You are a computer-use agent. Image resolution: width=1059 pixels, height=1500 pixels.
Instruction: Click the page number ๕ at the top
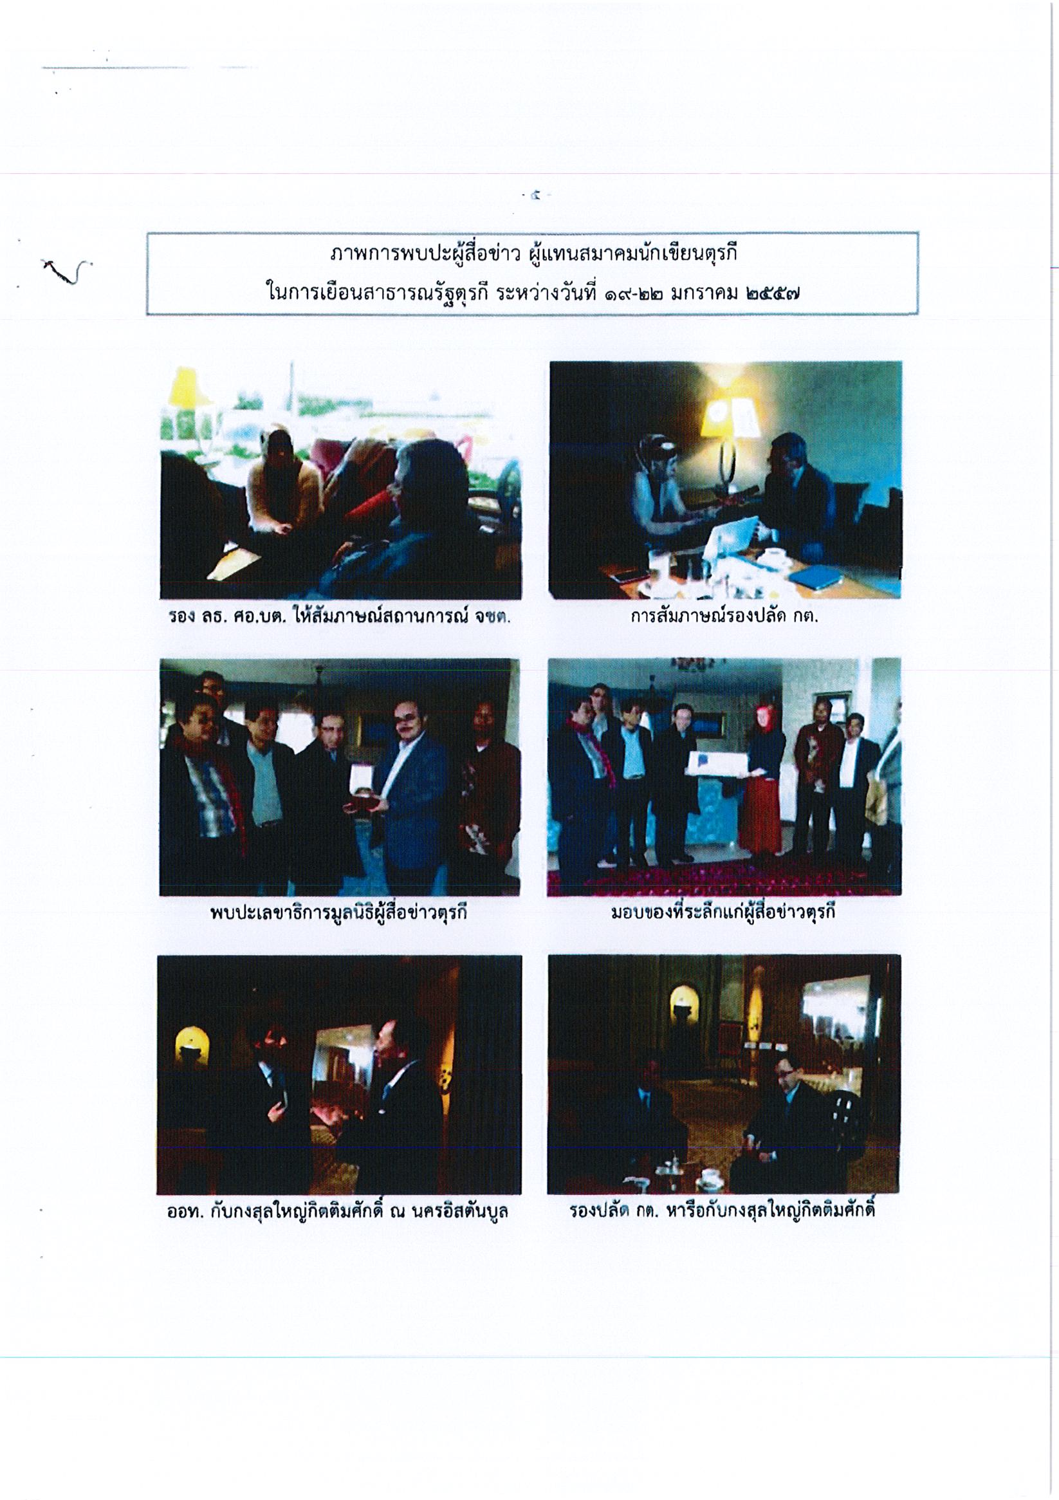[536, 195]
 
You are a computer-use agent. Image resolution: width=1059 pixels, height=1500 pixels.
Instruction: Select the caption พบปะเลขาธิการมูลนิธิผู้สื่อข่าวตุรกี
[338, 912]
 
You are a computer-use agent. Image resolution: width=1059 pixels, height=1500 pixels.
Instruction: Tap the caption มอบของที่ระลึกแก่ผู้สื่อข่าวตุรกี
[723, 912]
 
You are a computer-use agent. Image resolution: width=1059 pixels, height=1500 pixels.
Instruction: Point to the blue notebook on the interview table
[816, 576]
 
